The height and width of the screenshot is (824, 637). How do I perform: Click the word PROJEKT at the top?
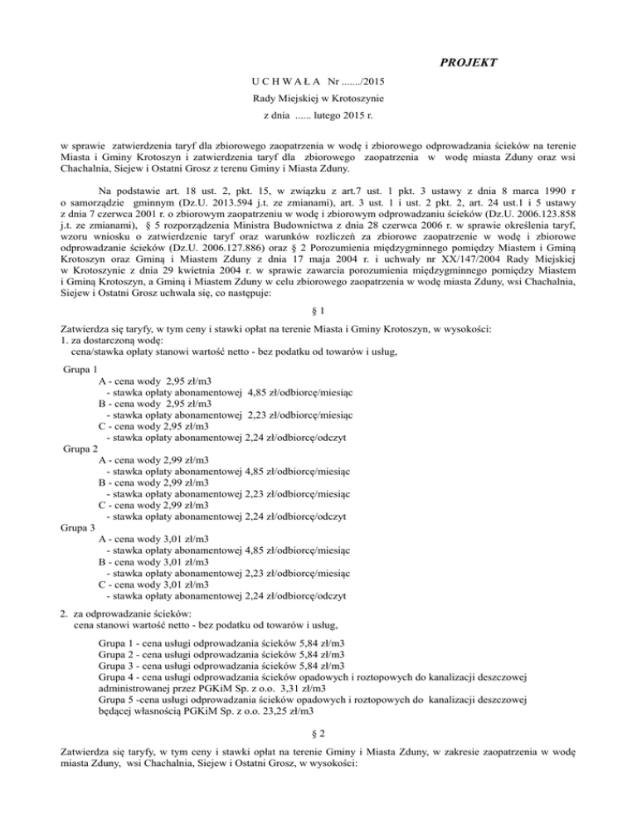469,63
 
